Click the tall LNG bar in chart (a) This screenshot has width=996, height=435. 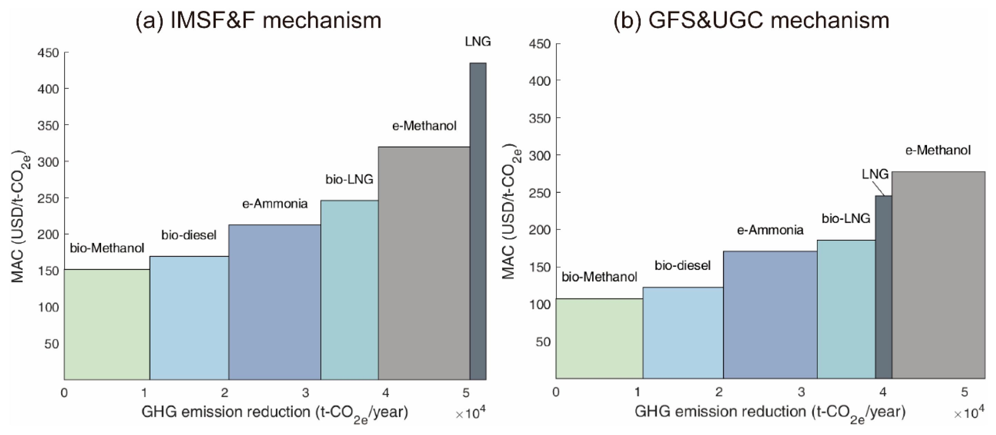point(478,220)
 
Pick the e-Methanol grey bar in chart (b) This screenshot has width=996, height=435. point(938,275)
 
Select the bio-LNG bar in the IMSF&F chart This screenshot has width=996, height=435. point(349,290)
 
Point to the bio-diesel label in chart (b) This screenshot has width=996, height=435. point(683,265)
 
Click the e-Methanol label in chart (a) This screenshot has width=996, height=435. point(424,126)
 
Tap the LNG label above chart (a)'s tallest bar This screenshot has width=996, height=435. point(478,41)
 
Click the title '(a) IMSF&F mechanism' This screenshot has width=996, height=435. point(258,20)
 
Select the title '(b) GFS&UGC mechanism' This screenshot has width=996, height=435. point(751,20)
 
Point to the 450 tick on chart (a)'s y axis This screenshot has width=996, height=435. point(48,52)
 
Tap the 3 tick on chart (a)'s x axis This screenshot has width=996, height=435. point(306,393)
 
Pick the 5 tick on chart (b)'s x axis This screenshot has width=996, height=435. point(964,392)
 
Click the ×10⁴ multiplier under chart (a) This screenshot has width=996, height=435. point(470,414)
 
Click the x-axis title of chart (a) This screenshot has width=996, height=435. point(275,413)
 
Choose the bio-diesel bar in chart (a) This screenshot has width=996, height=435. point(189,317)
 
